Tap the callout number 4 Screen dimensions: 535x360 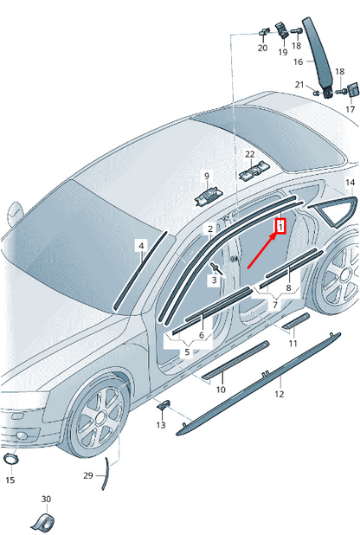point(141,247)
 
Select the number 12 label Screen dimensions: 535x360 point(279,394)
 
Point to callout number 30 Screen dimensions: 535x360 point(46,499)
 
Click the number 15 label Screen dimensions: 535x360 point(10,479)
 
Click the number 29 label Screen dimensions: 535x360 point(88,476)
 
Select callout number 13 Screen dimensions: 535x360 point(161,425)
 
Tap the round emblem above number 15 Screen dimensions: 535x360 point(11,458)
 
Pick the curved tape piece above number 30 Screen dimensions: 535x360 point(43,519)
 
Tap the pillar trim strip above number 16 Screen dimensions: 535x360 point(320,52)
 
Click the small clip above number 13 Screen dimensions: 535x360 point(162,405)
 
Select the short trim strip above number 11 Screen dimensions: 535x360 point(296,320)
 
